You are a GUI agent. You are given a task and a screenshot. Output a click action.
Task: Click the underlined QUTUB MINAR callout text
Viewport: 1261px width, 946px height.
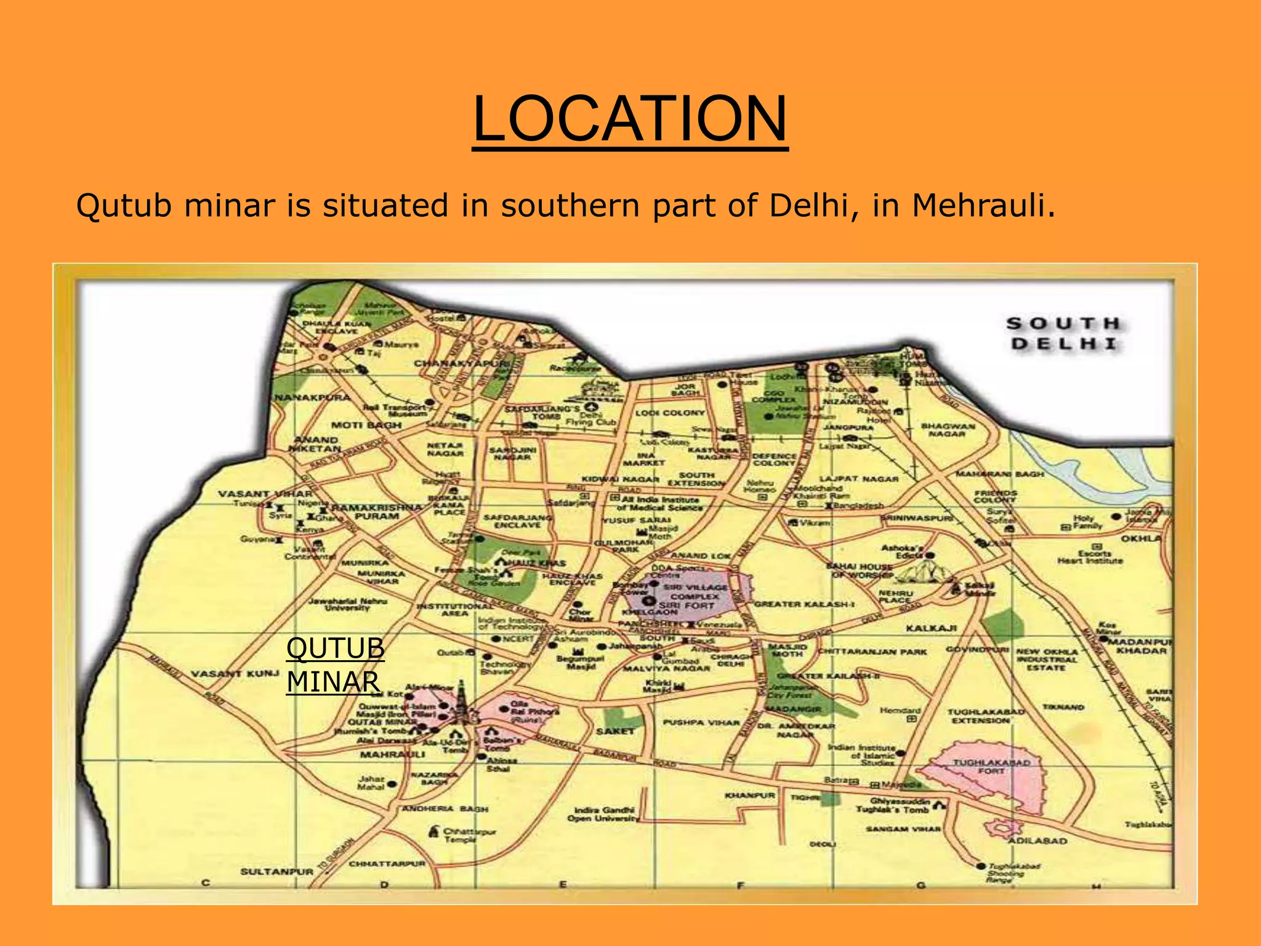(335, 665)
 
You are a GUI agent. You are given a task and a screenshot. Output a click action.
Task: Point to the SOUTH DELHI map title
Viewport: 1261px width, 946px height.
(1064, 333)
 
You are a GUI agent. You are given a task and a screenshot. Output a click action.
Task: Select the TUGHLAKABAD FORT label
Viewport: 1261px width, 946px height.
(991, 766)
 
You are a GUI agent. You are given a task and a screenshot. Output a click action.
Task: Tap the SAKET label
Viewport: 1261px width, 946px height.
(614, 730)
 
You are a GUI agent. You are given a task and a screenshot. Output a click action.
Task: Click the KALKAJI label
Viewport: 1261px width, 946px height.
(931, 628)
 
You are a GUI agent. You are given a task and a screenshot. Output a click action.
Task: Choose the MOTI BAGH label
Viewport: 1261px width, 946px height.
(366, 425)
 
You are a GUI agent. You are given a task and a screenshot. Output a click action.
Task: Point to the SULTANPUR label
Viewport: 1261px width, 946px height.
(276, 871)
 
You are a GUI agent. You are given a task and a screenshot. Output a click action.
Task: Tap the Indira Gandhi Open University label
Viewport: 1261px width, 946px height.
(603, 814)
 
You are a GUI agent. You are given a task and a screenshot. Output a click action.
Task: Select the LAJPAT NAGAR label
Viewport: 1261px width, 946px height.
(859, 479)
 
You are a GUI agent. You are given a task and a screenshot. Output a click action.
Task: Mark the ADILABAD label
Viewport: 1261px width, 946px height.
(1037, 841)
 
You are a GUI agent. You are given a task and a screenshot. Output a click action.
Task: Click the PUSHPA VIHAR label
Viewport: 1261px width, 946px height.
(701, 722)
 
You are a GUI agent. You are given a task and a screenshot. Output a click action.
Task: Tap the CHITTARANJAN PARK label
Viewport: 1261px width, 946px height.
(872, 652)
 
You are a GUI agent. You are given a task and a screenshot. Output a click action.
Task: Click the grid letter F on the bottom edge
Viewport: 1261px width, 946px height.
(741, 885)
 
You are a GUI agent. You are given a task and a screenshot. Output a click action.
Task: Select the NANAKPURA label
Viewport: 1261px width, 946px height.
(312, 397)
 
